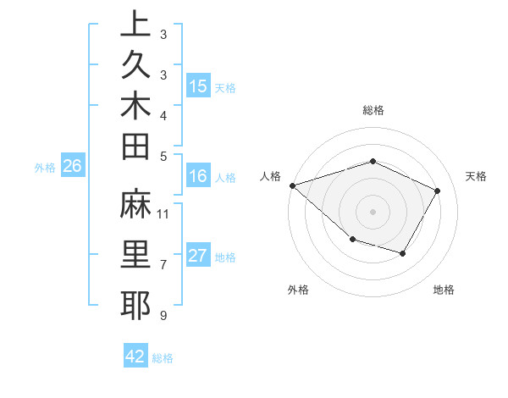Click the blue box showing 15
198,86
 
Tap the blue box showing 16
198,176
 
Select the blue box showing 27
198,257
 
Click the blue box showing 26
73,166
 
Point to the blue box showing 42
135,357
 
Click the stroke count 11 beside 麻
163,213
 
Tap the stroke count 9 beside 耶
163,316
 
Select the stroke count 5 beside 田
163,156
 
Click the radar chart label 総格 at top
373,110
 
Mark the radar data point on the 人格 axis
292,185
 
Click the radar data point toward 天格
437,191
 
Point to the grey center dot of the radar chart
373,211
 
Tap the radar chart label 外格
298,290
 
